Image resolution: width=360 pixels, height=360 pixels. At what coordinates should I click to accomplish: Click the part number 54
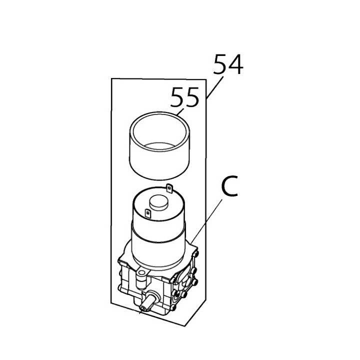click(228, 64)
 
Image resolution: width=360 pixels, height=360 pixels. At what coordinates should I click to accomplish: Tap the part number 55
click(184, 97)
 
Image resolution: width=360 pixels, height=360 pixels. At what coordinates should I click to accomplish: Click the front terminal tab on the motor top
click(148, 213)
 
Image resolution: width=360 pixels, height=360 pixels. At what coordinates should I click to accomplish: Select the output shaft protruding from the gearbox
click(147, 303)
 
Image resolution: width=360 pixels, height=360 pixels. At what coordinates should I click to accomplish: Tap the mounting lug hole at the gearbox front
click(140, 273)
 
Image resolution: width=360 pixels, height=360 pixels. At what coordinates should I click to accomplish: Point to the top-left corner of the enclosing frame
click(111, 78)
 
